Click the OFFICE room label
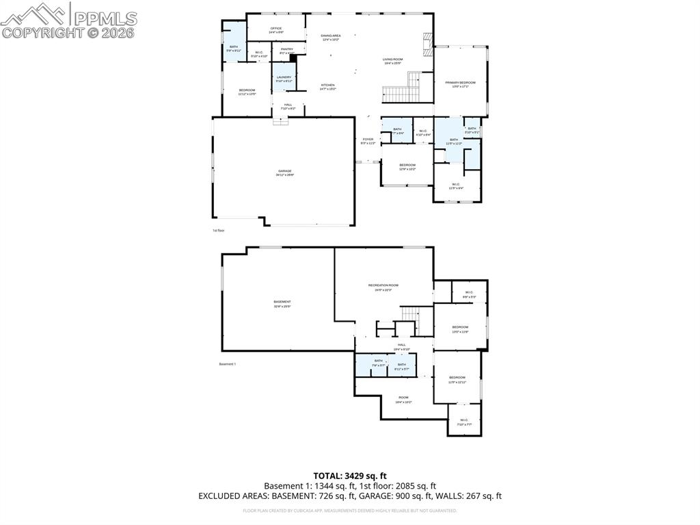click(276, 28)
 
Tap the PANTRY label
click(287, 49)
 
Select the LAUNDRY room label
click(284, 77)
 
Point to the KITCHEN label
click(327, 85)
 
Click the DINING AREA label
click(331, 36)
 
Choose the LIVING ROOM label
click(392, 60)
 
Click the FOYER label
click(368, 140)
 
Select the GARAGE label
click(284, 171)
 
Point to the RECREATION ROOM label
click(383, 285)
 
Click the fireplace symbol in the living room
click(428, 44)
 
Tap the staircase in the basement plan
click(409, 314)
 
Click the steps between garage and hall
click(281, 121)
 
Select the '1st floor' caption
click(219, 231)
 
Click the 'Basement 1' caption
click(227, 363)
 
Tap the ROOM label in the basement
click(403, 398)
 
